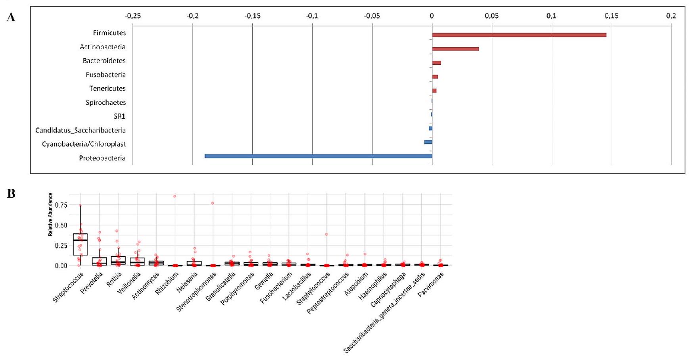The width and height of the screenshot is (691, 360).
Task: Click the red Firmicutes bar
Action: (x=519, y=35)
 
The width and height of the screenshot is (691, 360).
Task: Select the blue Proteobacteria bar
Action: (x=318, y=156)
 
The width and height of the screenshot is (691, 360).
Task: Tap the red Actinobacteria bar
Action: (x=455, y=49)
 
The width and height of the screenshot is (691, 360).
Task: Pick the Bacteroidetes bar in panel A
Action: (x=436, y=63)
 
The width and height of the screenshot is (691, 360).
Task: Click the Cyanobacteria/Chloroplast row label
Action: (x=84, y=144)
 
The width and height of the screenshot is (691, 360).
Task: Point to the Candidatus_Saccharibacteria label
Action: (x=80, y=130)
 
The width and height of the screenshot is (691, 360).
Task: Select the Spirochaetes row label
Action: (x=106, y=102)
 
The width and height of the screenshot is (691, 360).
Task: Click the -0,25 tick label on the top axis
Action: (x=132, y=16)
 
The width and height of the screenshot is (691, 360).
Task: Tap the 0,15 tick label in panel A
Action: (x=611, y=16)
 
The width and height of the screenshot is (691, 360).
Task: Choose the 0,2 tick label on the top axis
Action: (x=671, y=16)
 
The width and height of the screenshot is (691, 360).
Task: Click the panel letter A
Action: (x=11, y=17)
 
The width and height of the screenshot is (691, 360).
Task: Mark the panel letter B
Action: (x=11, y=194)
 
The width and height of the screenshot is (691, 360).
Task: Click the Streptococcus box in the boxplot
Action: (x=81, y=244)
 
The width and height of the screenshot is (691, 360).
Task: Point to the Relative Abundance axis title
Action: (x=50, y=214)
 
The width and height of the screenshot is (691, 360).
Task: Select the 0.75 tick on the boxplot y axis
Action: (x=61, y=205)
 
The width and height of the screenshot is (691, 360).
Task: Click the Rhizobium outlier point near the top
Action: (x=175, y=196)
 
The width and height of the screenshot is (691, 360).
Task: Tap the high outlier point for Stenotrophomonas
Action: (x=213, y=203)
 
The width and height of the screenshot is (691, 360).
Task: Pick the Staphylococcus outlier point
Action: (x=326, y=234)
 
